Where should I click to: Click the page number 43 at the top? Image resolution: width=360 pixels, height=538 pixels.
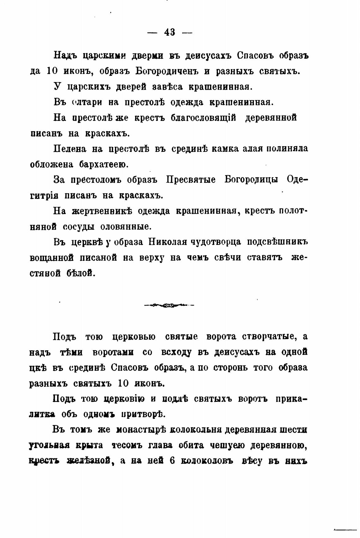[x=170, y=33]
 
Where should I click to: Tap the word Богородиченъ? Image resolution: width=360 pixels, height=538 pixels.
[x=166, y=71]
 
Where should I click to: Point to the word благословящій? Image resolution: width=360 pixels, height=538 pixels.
[x=203, y=118]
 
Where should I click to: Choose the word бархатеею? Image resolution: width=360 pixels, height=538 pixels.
[x=103, y=164]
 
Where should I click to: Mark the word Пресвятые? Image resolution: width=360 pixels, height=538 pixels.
[x=191, y=180]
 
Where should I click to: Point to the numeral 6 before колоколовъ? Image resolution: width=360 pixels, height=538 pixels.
[x=173, y=461]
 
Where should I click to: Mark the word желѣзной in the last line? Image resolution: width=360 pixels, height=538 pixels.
[x=90, y=461]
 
